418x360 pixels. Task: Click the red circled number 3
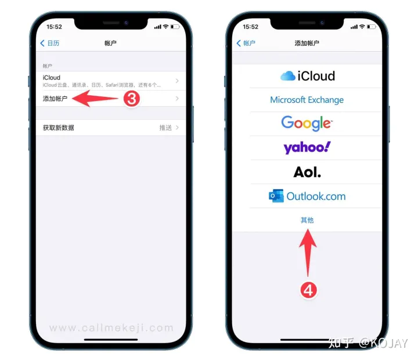(132, 99)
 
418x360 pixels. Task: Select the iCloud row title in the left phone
(52, 78)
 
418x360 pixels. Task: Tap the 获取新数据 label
(59, 128)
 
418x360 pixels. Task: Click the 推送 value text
(165, 128)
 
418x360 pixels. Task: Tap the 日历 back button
(50, 44)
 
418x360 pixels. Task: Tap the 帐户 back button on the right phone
(246, 44)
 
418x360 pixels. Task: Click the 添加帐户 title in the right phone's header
(307, 44)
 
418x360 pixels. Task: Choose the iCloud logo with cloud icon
(307, 76)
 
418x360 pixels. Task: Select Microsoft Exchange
(307, 100)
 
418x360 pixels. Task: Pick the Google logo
(307, 123)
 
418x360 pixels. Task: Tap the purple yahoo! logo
(307, 147)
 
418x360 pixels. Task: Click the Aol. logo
(307, 172)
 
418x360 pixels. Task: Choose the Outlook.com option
(307, 196)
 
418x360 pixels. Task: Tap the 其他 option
(307, 220)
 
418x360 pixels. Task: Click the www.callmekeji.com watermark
(111, 328)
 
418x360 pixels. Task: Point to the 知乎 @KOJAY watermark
(368, 343)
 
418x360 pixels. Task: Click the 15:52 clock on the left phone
(54, 27)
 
